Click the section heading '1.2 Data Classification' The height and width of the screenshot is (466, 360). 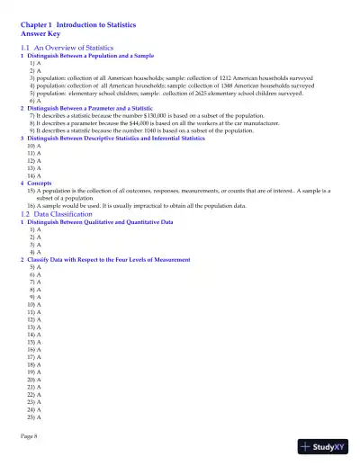coord(56,214)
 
